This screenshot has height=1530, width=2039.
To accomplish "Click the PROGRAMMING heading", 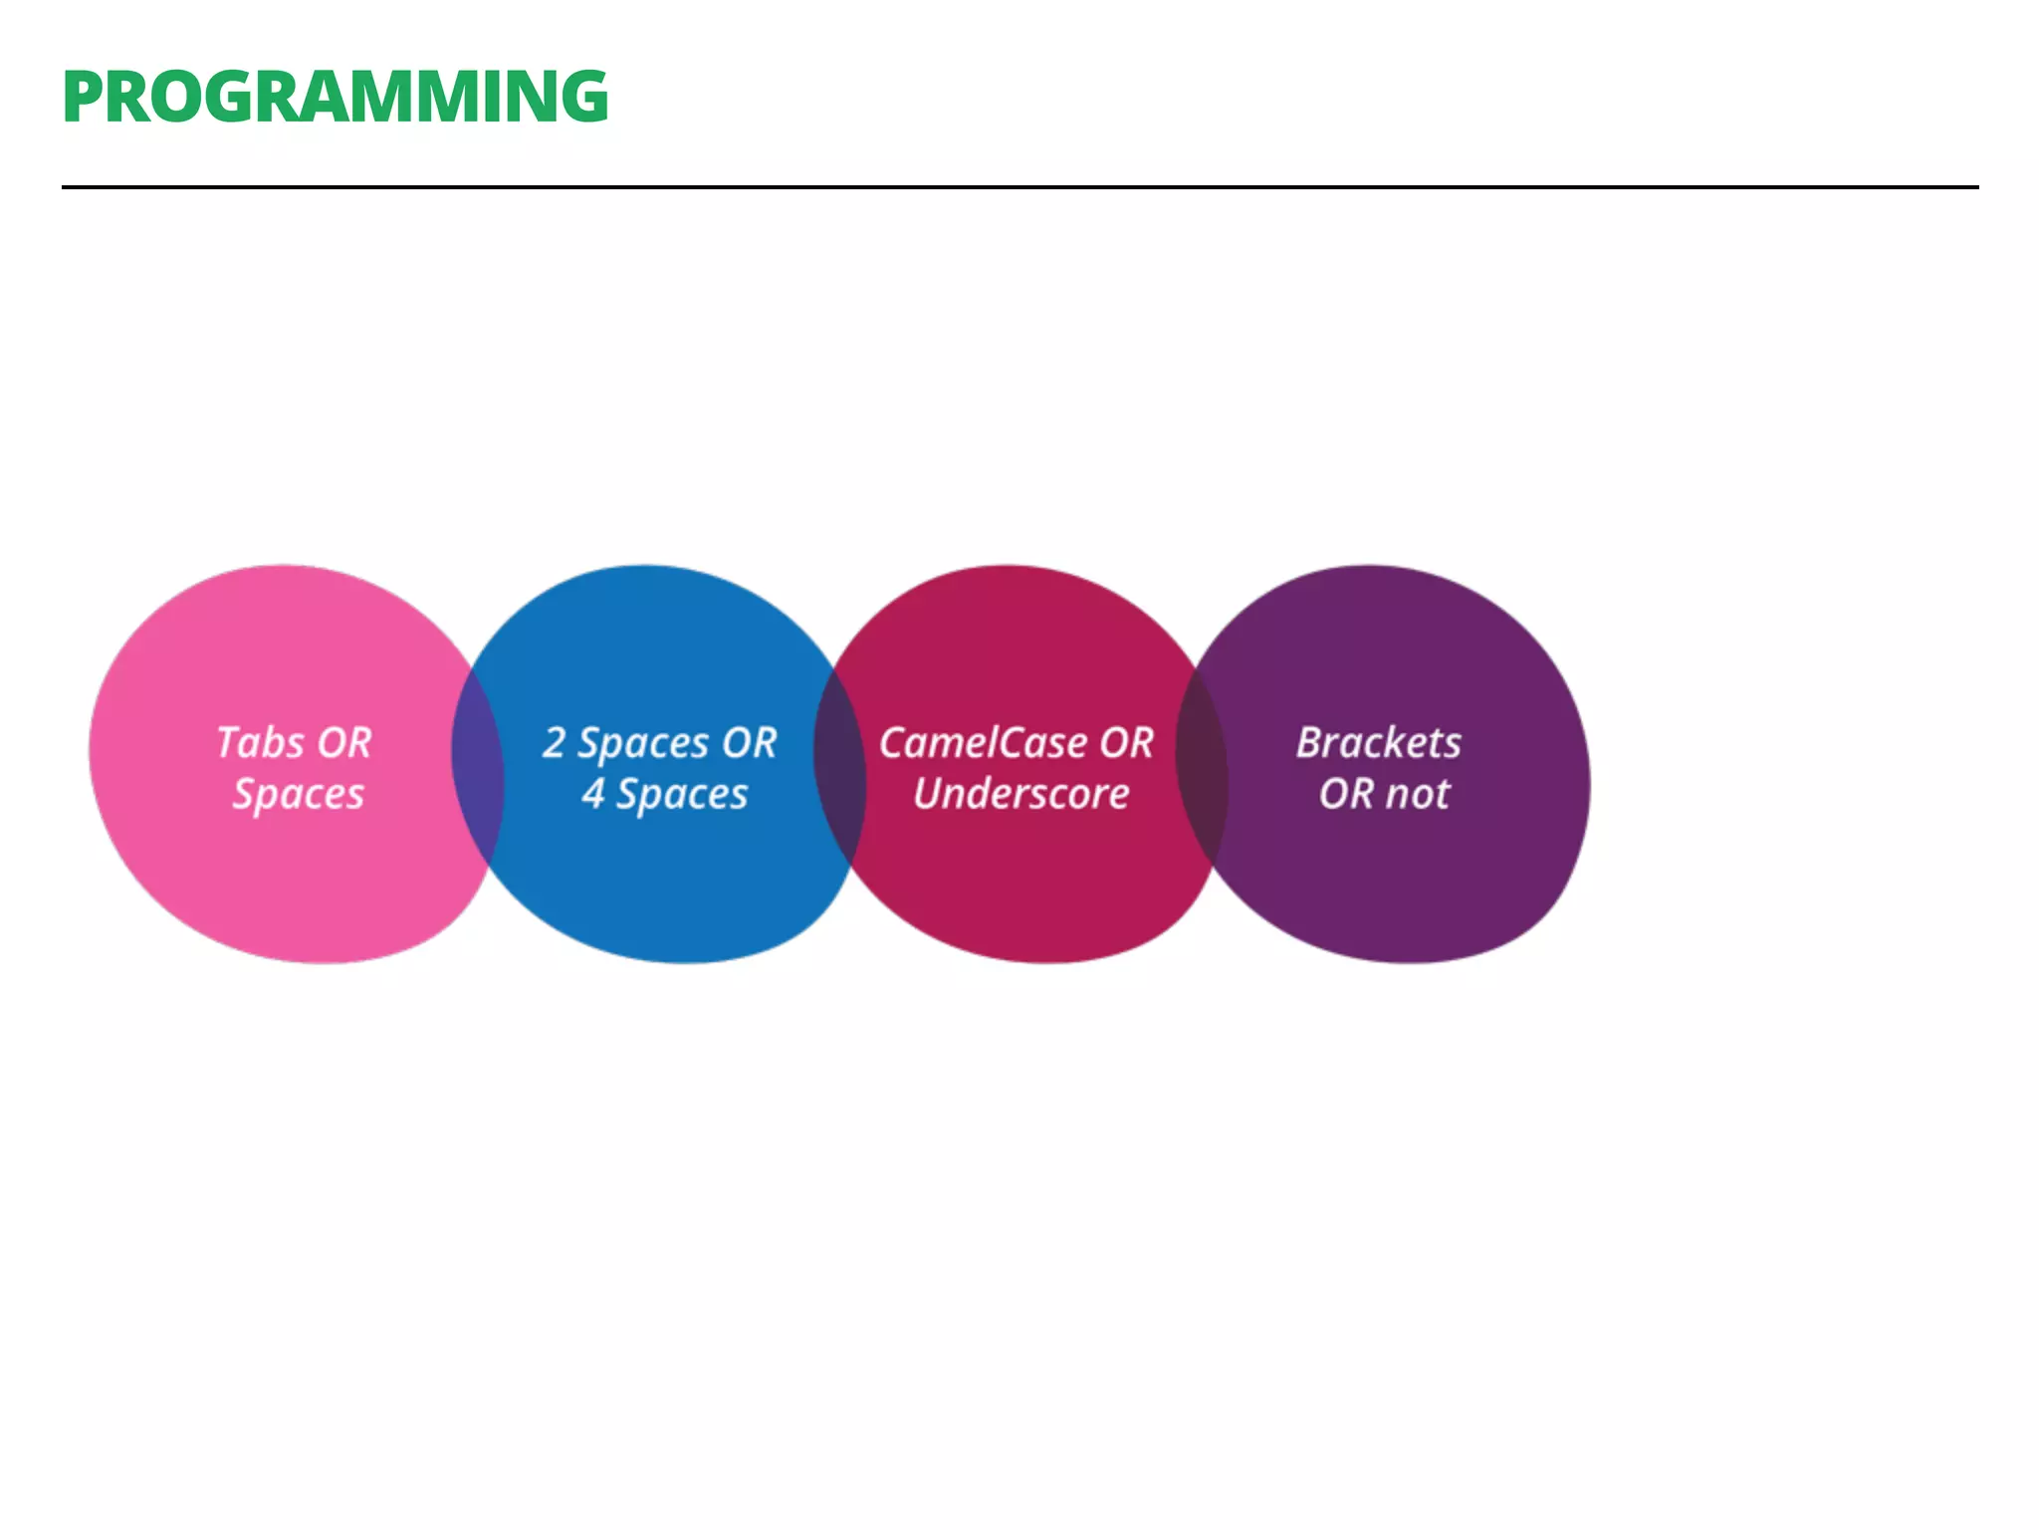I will (x=335, y=98).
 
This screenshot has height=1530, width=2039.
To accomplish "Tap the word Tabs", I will (x=260, y=743).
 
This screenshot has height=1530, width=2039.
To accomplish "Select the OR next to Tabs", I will (x=344, y=743).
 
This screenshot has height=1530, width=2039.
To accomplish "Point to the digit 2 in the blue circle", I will (x=554, y=743).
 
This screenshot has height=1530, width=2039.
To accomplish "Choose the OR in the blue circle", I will (x=750, y=743).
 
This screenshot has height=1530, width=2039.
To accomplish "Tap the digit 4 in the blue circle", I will (x=593, y=794).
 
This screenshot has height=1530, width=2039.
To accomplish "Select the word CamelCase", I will (x=983, y=743).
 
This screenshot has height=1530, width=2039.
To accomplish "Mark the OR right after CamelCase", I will (x=1127, y=743).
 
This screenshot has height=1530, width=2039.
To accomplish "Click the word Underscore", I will (x=1021, y=794).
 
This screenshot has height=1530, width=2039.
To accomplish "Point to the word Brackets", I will (x=1379, y=743).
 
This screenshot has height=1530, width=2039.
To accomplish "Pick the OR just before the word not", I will (x=1346, y=794).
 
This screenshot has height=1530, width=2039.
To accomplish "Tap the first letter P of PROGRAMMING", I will (x=83, y=98).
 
